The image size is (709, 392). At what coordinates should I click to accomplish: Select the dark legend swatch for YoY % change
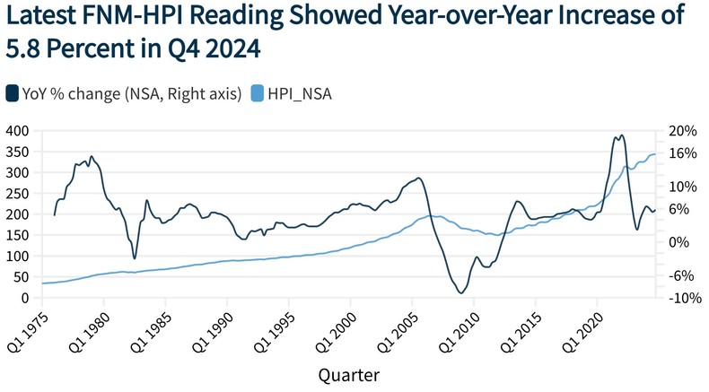point(13,92)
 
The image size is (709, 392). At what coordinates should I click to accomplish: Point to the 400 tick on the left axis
point(17,131)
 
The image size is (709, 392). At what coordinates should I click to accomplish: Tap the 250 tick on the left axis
point(17,194)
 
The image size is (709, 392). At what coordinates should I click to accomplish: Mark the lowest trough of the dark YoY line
point(460,292)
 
